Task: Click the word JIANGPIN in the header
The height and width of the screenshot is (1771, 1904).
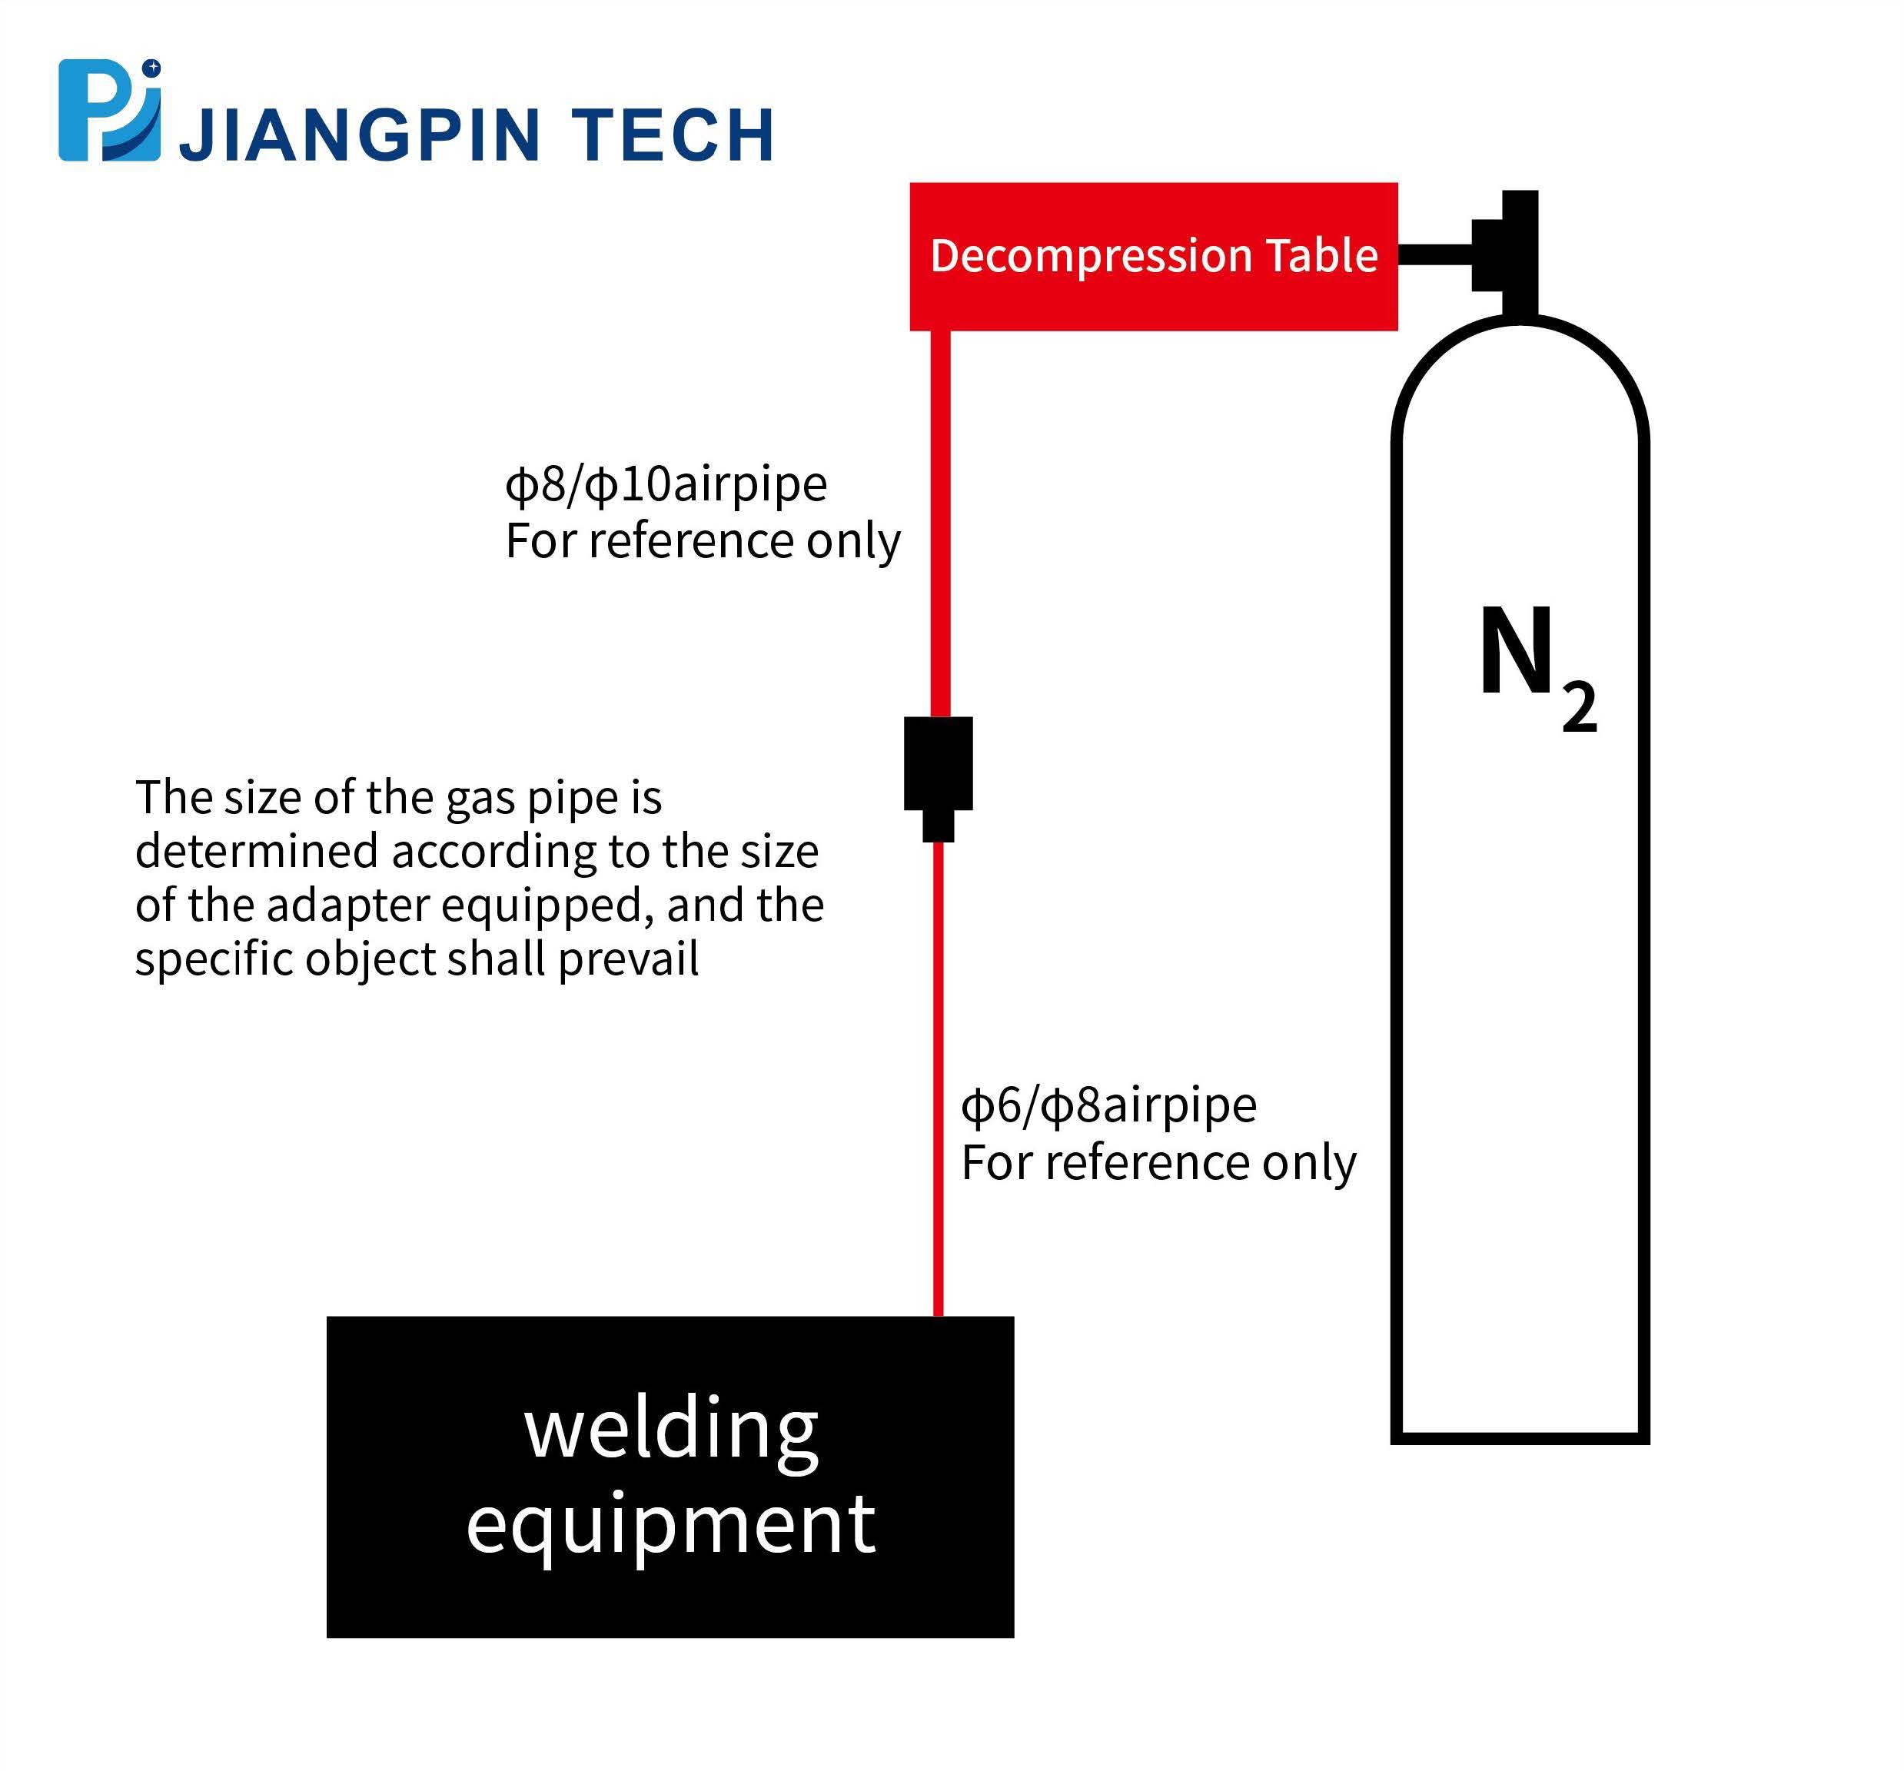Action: click(x=360, y=134)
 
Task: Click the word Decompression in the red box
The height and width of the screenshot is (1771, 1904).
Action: click(x=1090, y=256)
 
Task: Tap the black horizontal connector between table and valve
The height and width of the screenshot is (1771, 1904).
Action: click(x=1434, y=254)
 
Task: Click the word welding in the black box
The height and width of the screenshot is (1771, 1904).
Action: click(x=670, y=1430)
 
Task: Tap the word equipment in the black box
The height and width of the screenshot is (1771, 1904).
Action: click(x=670, y=1523)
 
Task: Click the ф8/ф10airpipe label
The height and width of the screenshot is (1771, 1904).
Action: click(x=666, y=485)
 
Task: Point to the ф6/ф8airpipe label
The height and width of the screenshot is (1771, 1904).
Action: click(x=1108, y=1106)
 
